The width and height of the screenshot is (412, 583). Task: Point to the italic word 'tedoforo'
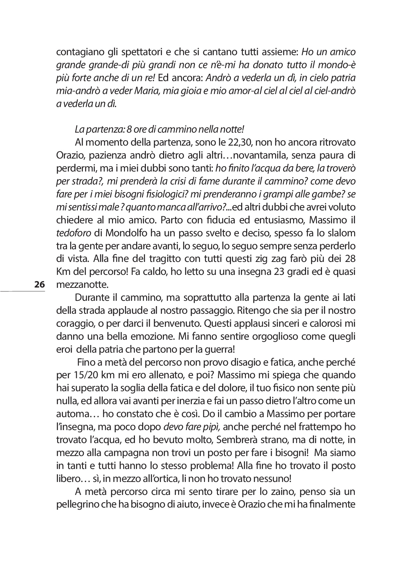[73, 233]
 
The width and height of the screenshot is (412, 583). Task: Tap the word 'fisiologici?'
[169, 194]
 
